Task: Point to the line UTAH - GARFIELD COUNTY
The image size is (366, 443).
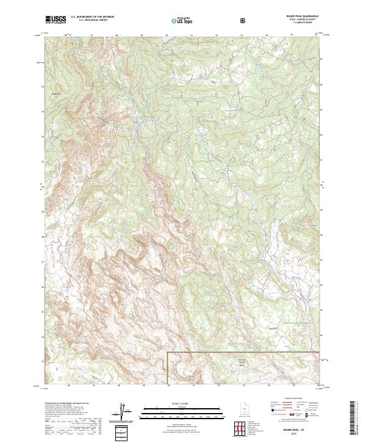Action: click(x=300, y=20)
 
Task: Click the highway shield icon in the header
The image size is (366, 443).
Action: click(x=244, y=20)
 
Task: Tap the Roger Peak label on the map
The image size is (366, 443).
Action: click(x=56, y=93)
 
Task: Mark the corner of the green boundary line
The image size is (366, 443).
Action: click(x=168, y=352)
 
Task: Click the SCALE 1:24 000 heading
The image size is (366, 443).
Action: click(x=174, y=404)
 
